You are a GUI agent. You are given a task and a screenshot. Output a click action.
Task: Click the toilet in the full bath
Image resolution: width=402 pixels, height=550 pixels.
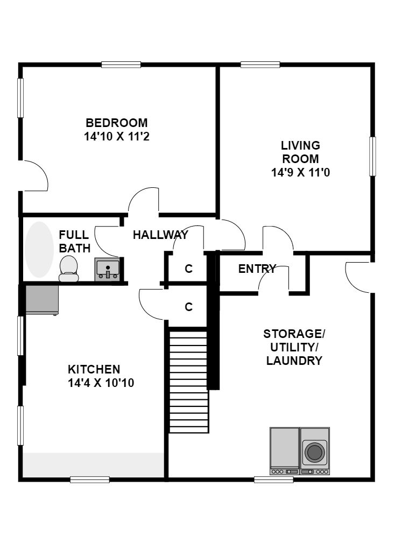[68, 269]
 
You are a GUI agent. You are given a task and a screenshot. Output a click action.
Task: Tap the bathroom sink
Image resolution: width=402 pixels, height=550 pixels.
[107, 270]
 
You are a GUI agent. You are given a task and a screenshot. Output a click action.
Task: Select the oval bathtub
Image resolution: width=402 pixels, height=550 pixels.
[39, 249]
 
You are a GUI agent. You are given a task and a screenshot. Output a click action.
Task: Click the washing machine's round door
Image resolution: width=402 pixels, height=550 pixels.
[314, 452]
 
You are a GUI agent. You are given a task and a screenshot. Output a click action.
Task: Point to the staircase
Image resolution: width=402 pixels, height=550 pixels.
[189, 382]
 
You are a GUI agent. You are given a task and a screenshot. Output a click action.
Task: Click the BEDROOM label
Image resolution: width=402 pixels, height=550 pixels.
[117, 123]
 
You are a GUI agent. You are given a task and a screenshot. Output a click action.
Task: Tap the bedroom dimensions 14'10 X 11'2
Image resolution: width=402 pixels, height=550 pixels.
[117, 136]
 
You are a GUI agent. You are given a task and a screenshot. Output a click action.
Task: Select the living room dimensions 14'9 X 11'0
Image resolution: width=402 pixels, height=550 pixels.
[301, 172]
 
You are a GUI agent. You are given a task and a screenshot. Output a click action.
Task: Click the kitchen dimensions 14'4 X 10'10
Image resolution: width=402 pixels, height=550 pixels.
[101, 383]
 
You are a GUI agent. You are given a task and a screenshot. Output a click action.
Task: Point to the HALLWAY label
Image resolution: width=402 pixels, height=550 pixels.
[161, 235]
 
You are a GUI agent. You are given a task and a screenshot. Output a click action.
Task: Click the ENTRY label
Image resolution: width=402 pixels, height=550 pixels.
[257, 269]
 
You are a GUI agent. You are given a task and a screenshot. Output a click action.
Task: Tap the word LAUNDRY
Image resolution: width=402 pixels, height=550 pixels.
[294, 361]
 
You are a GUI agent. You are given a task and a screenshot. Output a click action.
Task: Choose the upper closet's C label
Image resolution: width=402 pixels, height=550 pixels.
[189, 269]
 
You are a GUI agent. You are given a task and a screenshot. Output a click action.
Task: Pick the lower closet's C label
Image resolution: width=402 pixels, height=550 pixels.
[189, 307]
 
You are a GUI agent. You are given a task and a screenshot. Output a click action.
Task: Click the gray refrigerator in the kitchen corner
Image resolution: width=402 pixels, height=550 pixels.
[42, 300]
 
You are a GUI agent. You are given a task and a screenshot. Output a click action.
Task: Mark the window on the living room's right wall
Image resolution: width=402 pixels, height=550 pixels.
[372, 156]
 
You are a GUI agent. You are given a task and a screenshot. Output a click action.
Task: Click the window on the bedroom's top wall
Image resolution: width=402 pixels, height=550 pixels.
[121, 65]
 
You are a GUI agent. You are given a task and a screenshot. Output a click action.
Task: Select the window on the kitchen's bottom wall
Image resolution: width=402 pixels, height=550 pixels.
[90, 480]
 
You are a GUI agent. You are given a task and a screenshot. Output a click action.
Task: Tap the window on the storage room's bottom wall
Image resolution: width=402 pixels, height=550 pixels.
[273, 480]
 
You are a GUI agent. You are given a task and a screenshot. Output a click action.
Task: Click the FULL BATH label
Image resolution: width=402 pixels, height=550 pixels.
[74, 241]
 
